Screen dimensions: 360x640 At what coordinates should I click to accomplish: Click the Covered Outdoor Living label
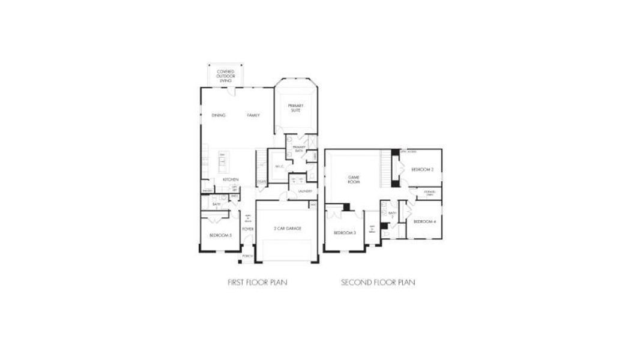pyautogui.click(x=226, y=76)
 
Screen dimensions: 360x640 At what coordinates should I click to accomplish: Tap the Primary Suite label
pyautogui.click(x=295, y=108)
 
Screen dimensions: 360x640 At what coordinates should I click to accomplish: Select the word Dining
pyautogui.click(x=219, y=115)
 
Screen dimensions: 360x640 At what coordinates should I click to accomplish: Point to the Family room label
pyautogui.click(x=253, y=115)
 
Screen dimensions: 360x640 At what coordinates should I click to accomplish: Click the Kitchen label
pyautogui.click(x=231, y=179)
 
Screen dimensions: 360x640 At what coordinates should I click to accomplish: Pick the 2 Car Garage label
pyautogui.click(x=287, y=229)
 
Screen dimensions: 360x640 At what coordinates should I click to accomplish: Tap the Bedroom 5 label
pyautogui.click(x=220, y=235)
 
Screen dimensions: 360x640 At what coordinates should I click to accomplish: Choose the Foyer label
pyautogui.click(x=247, y=229)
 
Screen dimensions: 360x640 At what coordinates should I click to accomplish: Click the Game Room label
pyautogui.click(x=354, y=179)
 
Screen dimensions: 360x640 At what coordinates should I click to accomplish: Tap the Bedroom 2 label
pyautogui.click(x=422, y=170)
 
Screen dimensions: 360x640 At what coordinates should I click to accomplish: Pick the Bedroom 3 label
pyautogui.click(x=345, y=232)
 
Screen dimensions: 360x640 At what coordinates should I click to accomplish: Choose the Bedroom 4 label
pyautogui.click(x=424, y=222)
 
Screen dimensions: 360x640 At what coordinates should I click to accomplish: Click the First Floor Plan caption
pyautogui.click(x=257, y=282)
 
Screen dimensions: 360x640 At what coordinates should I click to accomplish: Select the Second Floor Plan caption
pyautogui.click(x=378, y=282)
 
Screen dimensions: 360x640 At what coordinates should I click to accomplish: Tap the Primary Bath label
pyautogui.click(x=298, y=148)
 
